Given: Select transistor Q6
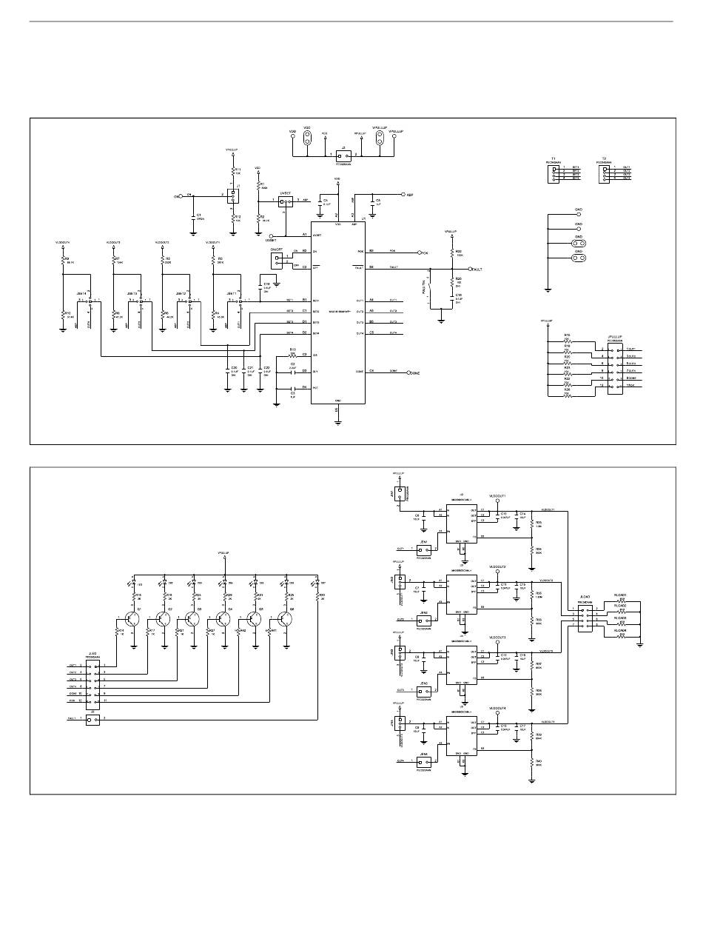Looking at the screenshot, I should click(x=285, y=618).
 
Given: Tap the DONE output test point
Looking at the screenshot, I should click(x=408, y=373).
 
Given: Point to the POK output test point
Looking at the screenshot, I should click(x=420, y=253).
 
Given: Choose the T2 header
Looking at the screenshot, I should click(x=605, y=172).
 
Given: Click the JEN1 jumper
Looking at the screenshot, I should click(x=424, y=549).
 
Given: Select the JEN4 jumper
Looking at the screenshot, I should click(x=424, y=760).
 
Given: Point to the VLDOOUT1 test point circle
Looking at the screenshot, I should click(x=497, y=501).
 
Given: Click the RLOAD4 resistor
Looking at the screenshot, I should click(x=622, y=635).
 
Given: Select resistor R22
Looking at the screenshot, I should click(x=451, y=253).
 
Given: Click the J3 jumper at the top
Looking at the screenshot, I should click(x=342, y=155).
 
